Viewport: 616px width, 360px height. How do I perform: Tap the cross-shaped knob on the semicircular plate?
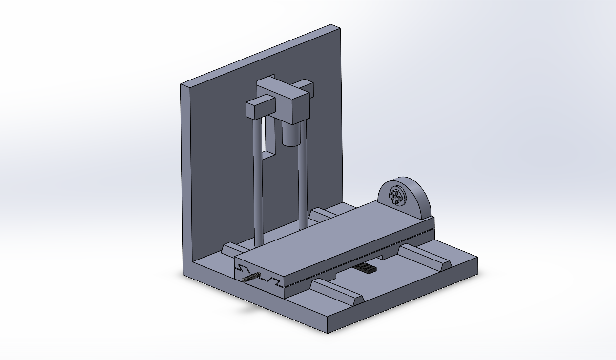click(396, 197)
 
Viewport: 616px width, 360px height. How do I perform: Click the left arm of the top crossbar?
click(257, 108)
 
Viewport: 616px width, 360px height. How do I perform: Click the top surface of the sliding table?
click(332, 234)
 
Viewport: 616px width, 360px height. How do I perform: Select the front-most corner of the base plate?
click(328, 332)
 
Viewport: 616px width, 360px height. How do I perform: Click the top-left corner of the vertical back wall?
click(182, 85)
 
